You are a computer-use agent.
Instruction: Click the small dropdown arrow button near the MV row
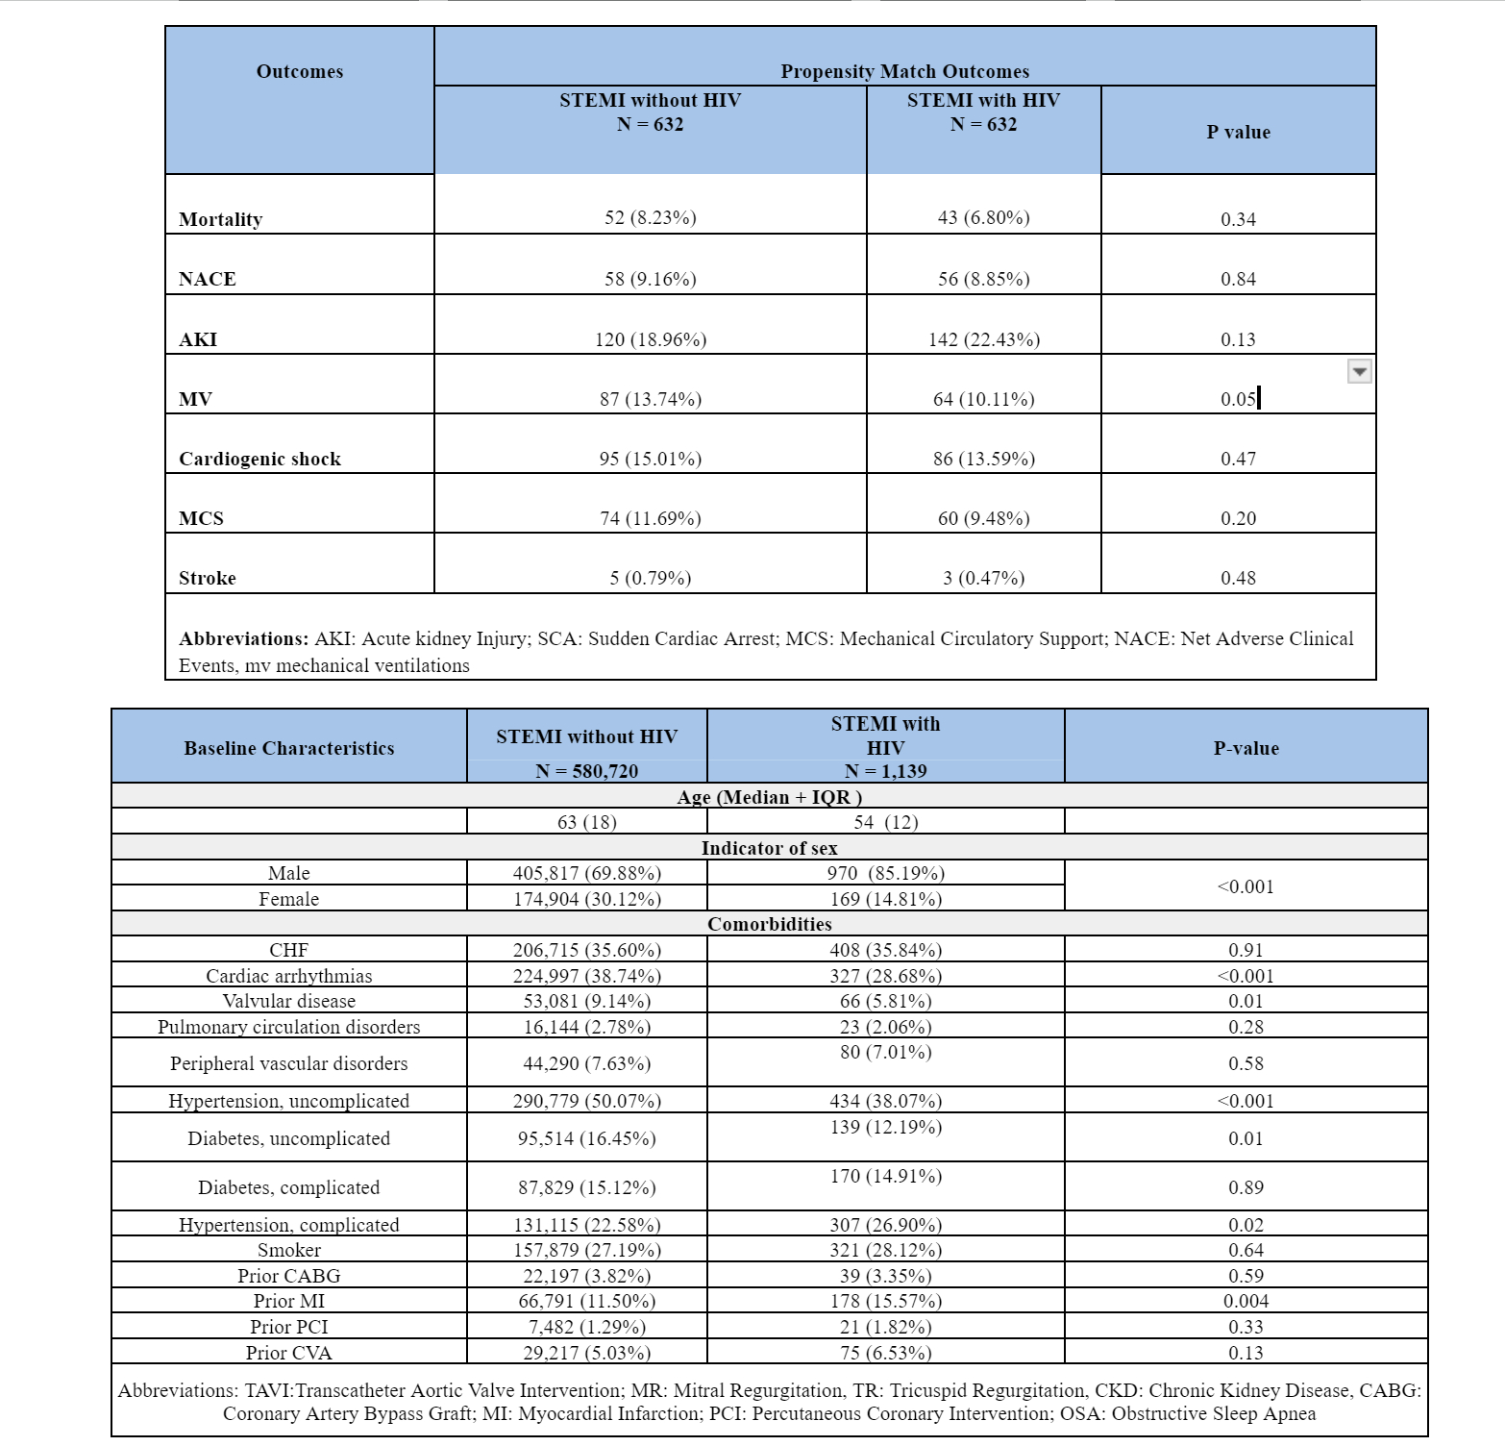coord(1359,371)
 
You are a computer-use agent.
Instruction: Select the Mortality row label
coord(220,219)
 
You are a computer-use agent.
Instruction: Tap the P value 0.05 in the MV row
coord(1238,399)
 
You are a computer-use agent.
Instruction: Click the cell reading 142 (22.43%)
coord(983,339)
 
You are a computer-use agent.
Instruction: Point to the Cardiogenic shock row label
coord(259,459)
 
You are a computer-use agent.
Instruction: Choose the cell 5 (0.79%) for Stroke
coord(650,578)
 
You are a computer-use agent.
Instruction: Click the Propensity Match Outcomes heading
coord(904,71)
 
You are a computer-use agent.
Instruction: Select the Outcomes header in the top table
coord(299,71)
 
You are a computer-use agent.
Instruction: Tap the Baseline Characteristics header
coord(288,748)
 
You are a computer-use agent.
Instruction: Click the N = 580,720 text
coord(586,771)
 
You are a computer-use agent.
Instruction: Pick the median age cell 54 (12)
coord(885,822)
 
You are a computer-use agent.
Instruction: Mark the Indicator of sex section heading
coord(769,848)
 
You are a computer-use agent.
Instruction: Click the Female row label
coord(288,899)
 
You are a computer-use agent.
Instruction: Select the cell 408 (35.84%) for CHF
coord(885,950)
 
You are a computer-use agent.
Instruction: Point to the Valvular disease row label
coord(288,1001)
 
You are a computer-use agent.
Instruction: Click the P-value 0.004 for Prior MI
coord(1246,1301)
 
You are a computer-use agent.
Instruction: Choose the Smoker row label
coord(288,1250)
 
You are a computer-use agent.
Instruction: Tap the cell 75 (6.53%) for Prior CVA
coord(885,1353)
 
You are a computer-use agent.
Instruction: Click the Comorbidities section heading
coord(769,924)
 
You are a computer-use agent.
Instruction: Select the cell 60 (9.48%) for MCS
coord(983,518)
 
